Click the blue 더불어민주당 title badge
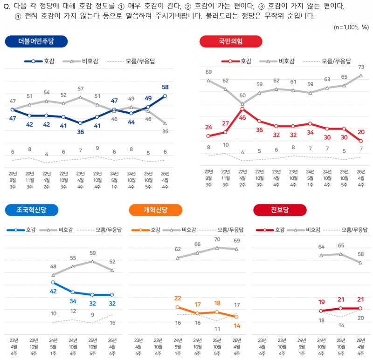coord(36,41)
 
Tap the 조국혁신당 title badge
coord(32,210)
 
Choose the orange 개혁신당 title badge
coord(155,210)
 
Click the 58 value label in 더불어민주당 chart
coord(165,87)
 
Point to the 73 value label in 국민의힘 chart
coord(361,67)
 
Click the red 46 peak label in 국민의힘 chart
coord(242,118)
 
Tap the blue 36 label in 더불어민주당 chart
coord(80,132)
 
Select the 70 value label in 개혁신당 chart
coord(217,239)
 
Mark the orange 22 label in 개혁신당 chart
coord(177,299)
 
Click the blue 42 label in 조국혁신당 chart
coord(53,291)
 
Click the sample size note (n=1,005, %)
coord(352,27)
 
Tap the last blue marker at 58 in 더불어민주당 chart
coord(165,96)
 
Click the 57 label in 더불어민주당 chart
coord(80,88)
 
